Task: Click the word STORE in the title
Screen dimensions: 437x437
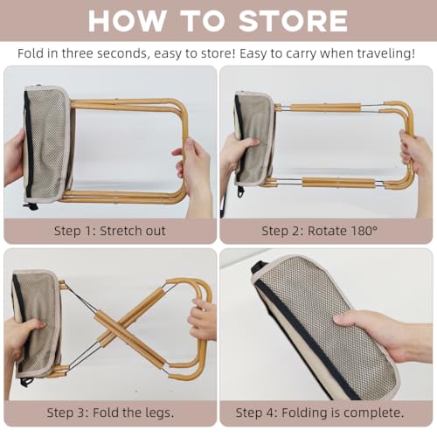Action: coord(293,21)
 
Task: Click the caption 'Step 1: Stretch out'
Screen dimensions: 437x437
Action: coord(110,231)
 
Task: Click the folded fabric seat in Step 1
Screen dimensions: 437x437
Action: coord(47,144)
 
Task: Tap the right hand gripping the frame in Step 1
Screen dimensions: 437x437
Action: coord(195,172)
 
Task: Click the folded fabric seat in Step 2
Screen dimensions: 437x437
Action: coord(255,138)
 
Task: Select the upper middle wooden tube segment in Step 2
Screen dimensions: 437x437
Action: coord(326,108)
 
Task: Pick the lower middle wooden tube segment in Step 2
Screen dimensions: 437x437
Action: coord(338,183)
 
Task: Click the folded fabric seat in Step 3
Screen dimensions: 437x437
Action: coord(36,323)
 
